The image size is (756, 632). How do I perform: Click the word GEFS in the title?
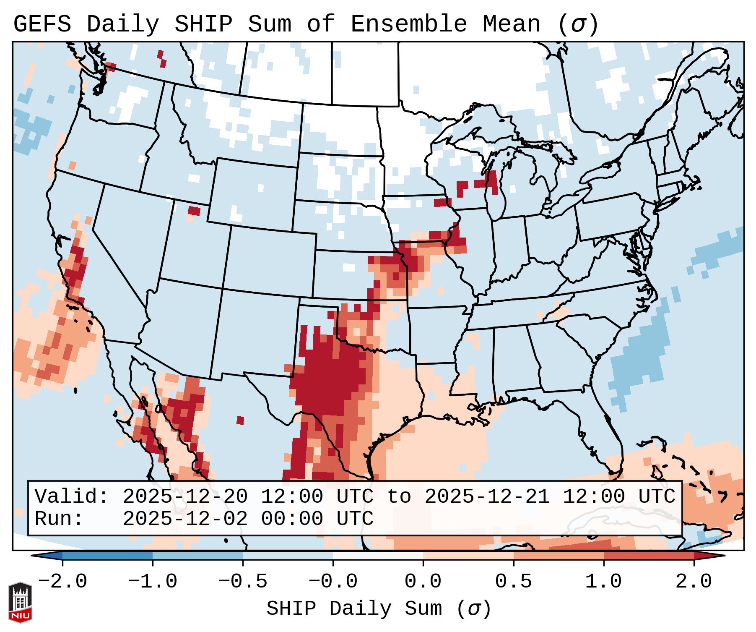[42, 24]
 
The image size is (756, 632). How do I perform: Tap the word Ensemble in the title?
[408, 24]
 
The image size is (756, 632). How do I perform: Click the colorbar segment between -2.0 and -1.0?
[107, 556]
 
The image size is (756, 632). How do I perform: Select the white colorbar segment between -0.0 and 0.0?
[378, 556]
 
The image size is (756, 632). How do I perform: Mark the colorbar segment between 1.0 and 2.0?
[649, 556]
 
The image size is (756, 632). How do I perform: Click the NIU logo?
[20, 602]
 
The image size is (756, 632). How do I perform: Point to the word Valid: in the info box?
[72, 497]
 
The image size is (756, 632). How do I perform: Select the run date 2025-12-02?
[185, 519]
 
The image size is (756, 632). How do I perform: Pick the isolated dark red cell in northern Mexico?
[240, 420]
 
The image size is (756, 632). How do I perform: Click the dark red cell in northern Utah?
[194, 211]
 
